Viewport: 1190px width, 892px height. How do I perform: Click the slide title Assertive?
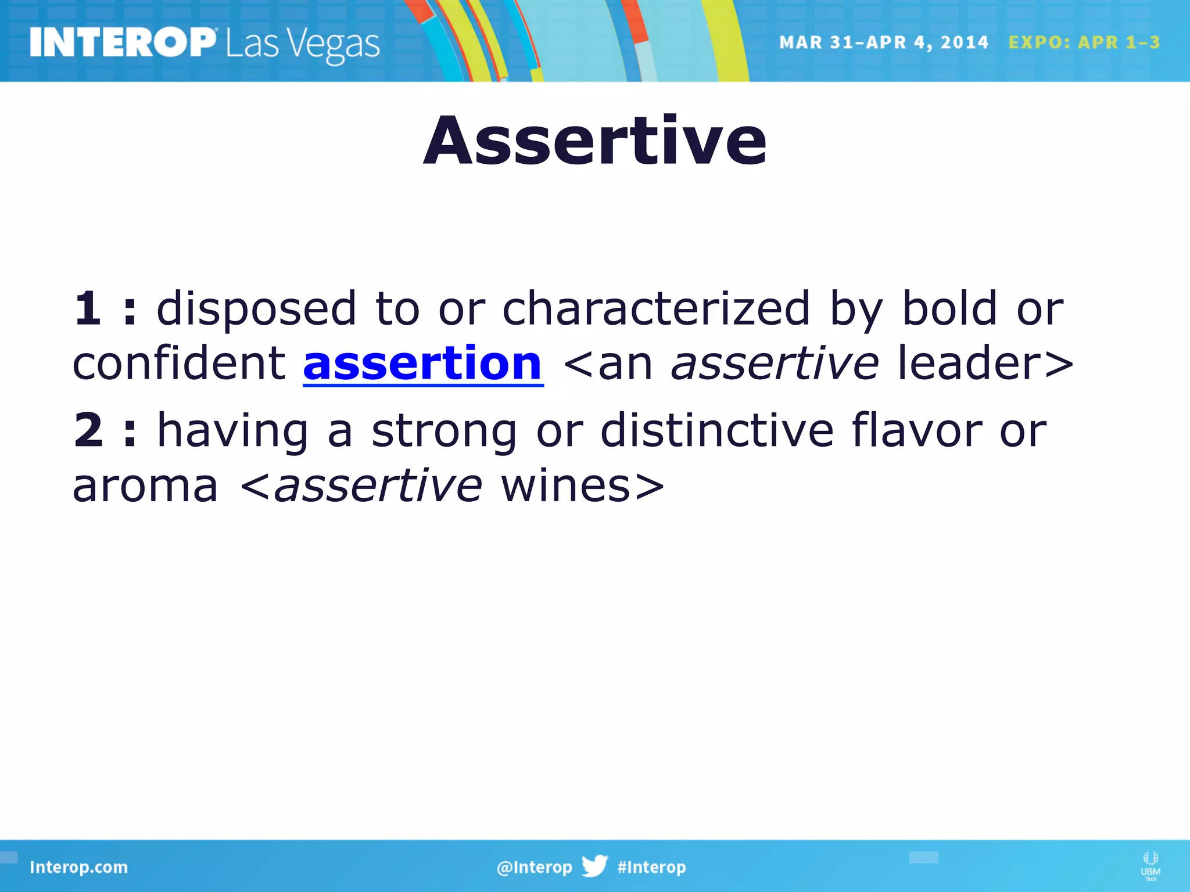coord(595,141)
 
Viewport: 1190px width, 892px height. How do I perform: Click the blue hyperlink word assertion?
coord(423,364)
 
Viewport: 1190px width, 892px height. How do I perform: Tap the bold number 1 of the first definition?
coord(88,308)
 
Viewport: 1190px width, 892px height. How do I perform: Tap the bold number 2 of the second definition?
coord(88,430)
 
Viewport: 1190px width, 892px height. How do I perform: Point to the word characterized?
coord(655,308)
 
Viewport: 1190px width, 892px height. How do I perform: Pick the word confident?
coord(179,364)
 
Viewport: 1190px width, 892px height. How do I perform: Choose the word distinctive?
coord(717,430)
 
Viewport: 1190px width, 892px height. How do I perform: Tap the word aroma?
coord(145,487)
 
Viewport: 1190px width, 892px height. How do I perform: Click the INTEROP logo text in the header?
coord(123,43)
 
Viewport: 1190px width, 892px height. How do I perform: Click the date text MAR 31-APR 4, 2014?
coord(883,42)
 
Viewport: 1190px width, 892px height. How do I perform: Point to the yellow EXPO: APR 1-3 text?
coord(1084,42)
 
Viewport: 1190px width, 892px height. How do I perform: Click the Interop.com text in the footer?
coord(78,867)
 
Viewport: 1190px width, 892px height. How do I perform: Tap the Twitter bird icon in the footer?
coord(594,866)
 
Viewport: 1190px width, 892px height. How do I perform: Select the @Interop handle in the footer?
coord(534,867)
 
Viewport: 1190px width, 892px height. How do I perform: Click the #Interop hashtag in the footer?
coord(651,867)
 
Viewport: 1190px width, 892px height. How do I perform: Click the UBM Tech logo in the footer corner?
coord(1150,865)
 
